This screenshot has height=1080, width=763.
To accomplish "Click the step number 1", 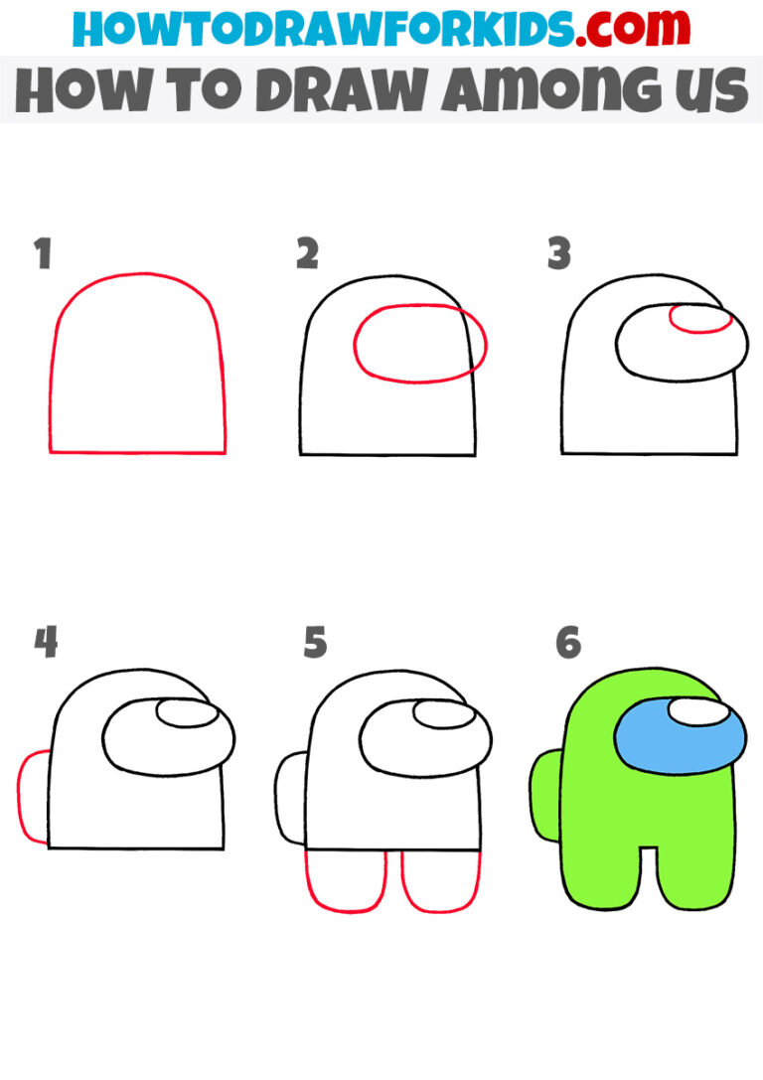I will [42, 255].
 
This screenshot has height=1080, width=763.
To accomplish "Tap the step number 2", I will [307, 255].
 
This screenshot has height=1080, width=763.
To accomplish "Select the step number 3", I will [559, 255].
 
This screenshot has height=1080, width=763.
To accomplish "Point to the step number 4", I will [46, 643].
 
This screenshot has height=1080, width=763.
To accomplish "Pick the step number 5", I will [315, 643].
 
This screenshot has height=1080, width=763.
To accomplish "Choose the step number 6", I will [567, 643].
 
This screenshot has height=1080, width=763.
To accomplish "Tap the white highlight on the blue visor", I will [697, 712].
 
